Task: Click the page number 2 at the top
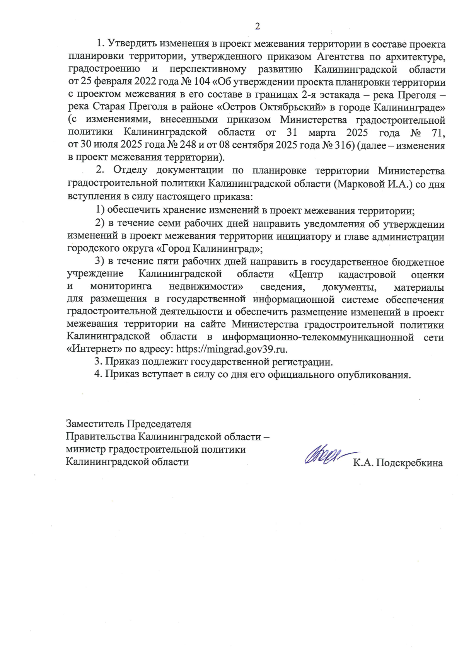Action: [257, 26]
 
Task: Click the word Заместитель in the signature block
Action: [95, 424]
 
